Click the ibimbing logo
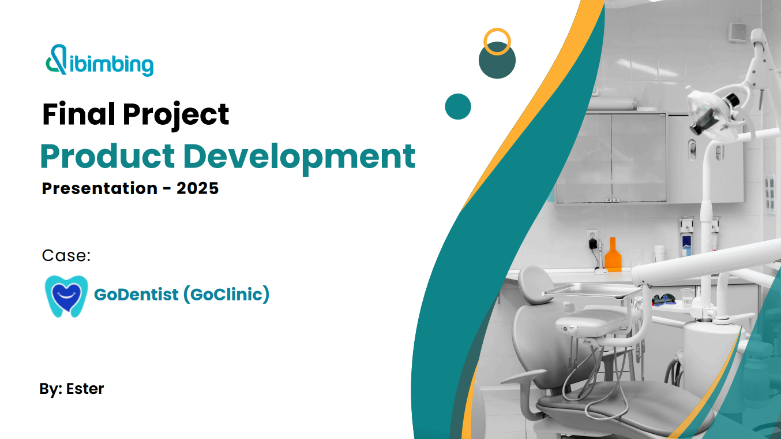click(x=99, y=60)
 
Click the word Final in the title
click(x=78, y=114)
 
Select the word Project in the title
click(x=176, y=116)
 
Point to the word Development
click(x=299, y=158)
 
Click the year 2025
click(x=197, y=188)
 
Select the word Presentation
click(x=100, y=188)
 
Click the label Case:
click(x=66, y=256)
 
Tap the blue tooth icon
click(x=66, y=296)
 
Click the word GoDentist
click(x=136, y=295)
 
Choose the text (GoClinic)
click(x=226, y=295)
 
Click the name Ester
click(x=85, y=389)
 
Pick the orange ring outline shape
click(x=497, y=30)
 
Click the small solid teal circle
click(x=458, y=106)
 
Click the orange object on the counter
click(x=613, y=255)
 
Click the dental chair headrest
click(x=535, y=285)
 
